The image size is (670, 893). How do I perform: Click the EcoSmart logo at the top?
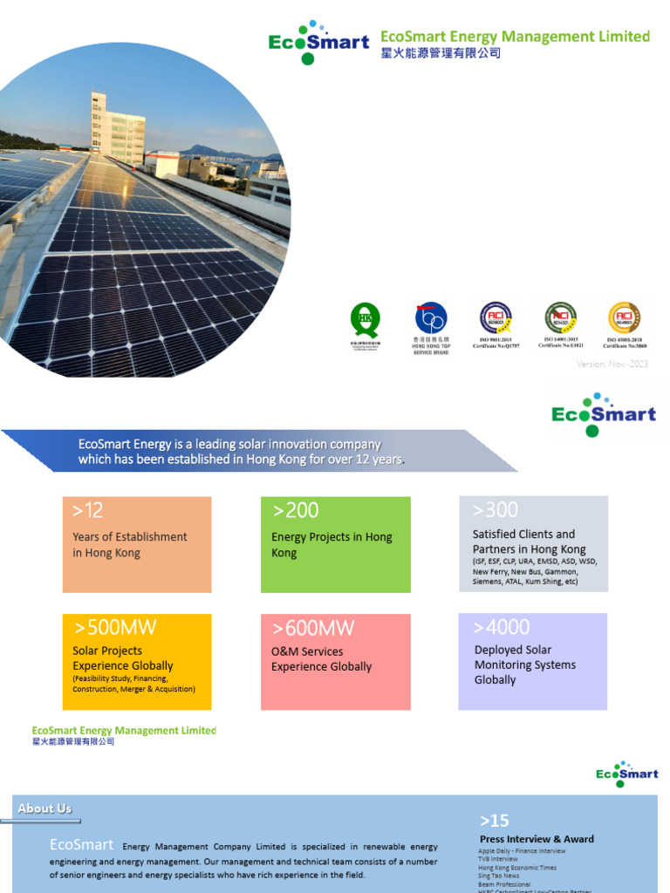click(x=318, y=43)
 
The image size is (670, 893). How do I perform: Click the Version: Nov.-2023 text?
click(x=612, y=364)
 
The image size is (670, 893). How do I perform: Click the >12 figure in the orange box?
click(x=88, y=510)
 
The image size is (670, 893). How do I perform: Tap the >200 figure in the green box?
click(x=296, y=510)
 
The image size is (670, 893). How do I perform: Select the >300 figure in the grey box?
click(x=496, y=509)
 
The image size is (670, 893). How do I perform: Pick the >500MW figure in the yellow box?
click(x=115, y=628)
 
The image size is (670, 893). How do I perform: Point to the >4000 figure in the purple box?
click(x=502, y=627)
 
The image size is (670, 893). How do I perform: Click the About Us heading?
click(x=44, y=808)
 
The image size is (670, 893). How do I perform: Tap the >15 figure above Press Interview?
click(x=494, y=821)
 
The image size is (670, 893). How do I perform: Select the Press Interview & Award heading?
click(x=537, y=839)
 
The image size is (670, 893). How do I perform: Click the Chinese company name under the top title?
click(x=441, y=54)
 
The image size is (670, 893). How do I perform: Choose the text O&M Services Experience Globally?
click(x=321, y=659)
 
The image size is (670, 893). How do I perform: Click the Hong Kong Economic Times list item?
click(x=517, y=868)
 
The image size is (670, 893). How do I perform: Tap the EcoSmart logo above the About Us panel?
click(x=626, y=774)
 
